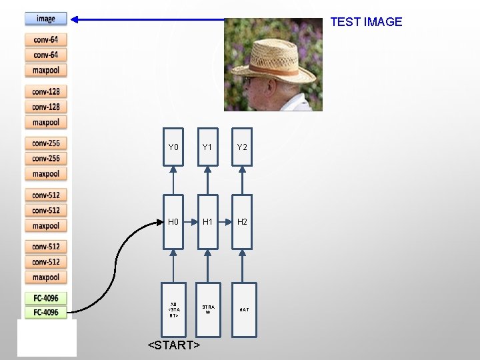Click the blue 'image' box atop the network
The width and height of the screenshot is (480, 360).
(46, 19)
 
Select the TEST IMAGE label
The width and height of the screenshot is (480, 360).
(366, 22)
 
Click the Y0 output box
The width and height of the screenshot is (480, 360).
(173, 147)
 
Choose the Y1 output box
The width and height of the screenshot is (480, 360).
(207, 147)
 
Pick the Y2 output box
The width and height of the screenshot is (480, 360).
(242, 147)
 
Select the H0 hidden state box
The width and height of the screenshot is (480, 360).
(173, 221)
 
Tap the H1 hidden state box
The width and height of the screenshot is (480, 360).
(207, 221)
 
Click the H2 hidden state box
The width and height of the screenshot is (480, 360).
(242, 221)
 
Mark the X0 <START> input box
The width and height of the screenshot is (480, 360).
(173, 309)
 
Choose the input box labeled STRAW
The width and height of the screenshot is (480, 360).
(207, 309)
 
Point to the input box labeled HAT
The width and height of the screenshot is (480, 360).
(242, 309)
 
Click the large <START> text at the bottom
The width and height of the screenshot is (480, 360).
(174, 345)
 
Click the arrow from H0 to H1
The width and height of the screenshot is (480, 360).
(191, 221)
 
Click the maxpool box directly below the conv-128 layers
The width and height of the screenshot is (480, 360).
(46, 122)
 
